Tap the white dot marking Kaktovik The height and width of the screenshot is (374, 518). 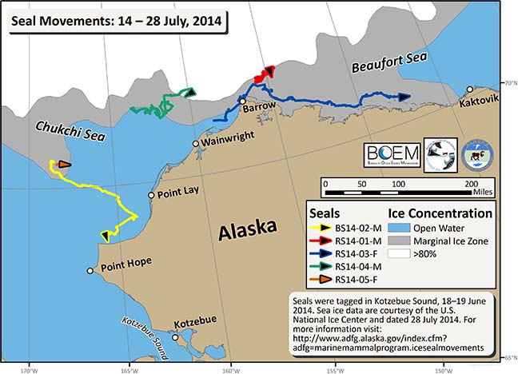tap(471, 89)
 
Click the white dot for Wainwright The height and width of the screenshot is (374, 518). tap(195, 143)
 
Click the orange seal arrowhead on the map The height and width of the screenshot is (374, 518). tap(64, 165)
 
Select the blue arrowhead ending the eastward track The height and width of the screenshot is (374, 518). tap(404, 96)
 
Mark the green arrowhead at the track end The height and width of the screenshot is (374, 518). tap(189, 93)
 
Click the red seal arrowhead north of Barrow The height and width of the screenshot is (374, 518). tap(268, 71)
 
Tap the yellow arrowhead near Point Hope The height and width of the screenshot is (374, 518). tap(105, 235)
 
